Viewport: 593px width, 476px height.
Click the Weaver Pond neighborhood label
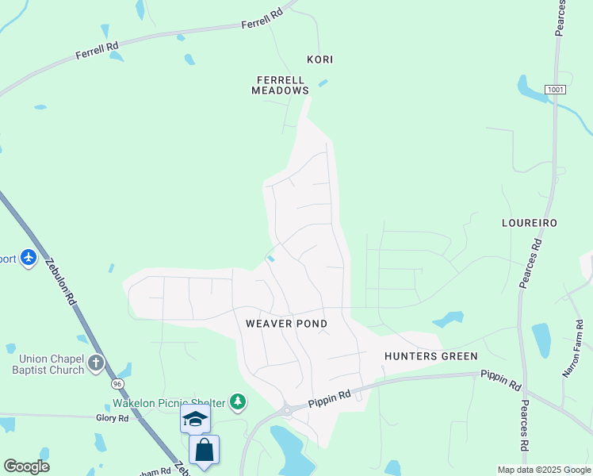pos(286,324)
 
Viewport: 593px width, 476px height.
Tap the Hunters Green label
pos(431,356)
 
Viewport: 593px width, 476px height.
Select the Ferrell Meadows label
pos(280,85)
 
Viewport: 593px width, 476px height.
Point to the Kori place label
pos(319,59)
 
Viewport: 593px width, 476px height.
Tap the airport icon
pos(29,258)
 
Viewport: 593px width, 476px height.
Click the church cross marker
pos(96,364)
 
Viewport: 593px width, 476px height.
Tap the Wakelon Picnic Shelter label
pos(168,402)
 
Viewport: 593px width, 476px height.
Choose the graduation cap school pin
pos(195,419)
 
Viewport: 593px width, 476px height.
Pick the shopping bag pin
pos(204,450)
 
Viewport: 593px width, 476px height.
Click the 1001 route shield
pos(556,90)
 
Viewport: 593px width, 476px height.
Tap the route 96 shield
pos(117,384)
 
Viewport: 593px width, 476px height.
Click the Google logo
pos(26,466)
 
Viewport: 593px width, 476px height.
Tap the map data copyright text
pos(544,470)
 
